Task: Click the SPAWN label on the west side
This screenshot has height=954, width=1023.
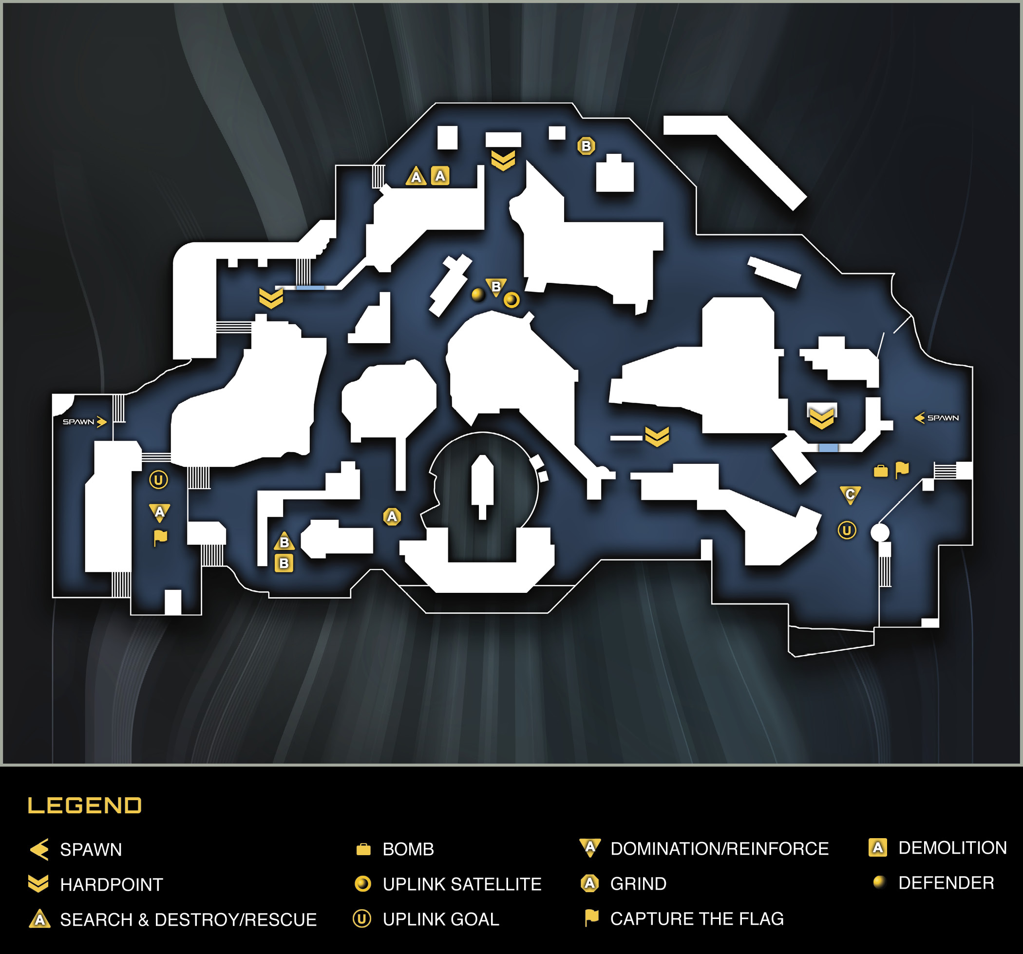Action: [79, 422]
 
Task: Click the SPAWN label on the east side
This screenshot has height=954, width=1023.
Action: [943, 418]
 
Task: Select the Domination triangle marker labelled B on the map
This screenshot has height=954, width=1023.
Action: [496, 288]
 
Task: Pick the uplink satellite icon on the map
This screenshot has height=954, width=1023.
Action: [511, 300]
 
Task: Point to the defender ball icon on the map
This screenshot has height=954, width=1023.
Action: [478, 294]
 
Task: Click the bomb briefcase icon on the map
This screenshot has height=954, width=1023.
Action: [881, 471]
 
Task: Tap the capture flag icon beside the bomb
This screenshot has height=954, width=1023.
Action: [902, 470]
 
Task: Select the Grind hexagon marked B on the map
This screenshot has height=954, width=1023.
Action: [586, 146]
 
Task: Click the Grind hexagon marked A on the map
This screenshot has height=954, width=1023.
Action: [392, 516]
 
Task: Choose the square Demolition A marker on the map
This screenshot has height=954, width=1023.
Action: [440, 176]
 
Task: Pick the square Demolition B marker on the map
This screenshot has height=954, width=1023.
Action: [284, 564]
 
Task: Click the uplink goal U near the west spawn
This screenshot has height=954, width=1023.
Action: [158, 480]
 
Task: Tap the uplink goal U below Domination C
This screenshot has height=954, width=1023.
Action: [847, 530]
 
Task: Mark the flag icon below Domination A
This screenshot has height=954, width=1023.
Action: [160, 538]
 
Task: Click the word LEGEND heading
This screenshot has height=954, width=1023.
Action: [84, 806]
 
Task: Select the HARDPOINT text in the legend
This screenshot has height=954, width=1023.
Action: [112, 884]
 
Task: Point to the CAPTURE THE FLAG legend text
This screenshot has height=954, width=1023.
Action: [697, 918]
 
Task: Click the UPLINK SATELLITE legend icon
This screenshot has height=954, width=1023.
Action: [363, 883]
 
